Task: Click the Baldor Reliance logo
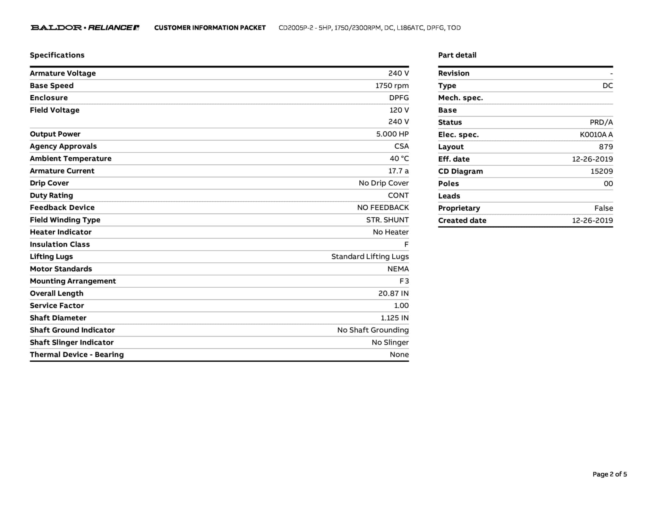click(x=85, y=28)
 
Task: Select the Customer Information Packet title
click(x=210, y=28)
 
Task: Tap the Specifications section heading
click(x=57, y=55)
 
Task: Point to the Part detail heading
click(x=457, y=55)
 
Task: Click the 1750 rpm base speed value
click(x=392, y=86)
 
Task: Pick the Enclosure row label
click(x=49, y=98)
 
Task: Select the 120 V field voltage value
click(x=399, y=110)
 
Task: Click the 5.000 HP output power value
click(x=392, y=134)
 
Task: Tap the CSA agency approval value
click(x=401, y=146)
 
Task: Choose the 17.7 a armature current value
click(x=398, y=171)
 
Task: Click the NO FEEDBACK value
click(x=383, y=208)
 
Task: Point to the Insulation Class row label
click(x=60, y=244)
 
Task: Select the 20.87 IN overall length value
click(x=393, y=293)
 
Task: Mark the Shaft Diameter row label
click(x=58, y=318)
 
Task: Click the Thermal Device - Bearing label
click(x=77, y=355)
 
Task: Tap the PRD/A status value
click(x=601, y=122)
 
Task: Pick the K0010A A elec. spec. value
click(x=596, y=135)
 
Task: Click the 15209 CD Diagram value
click(x=602, y=171)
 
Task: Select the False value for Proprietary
click(x=603, y=208)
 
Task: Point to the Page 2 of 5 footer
click(x=610, y=474)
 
